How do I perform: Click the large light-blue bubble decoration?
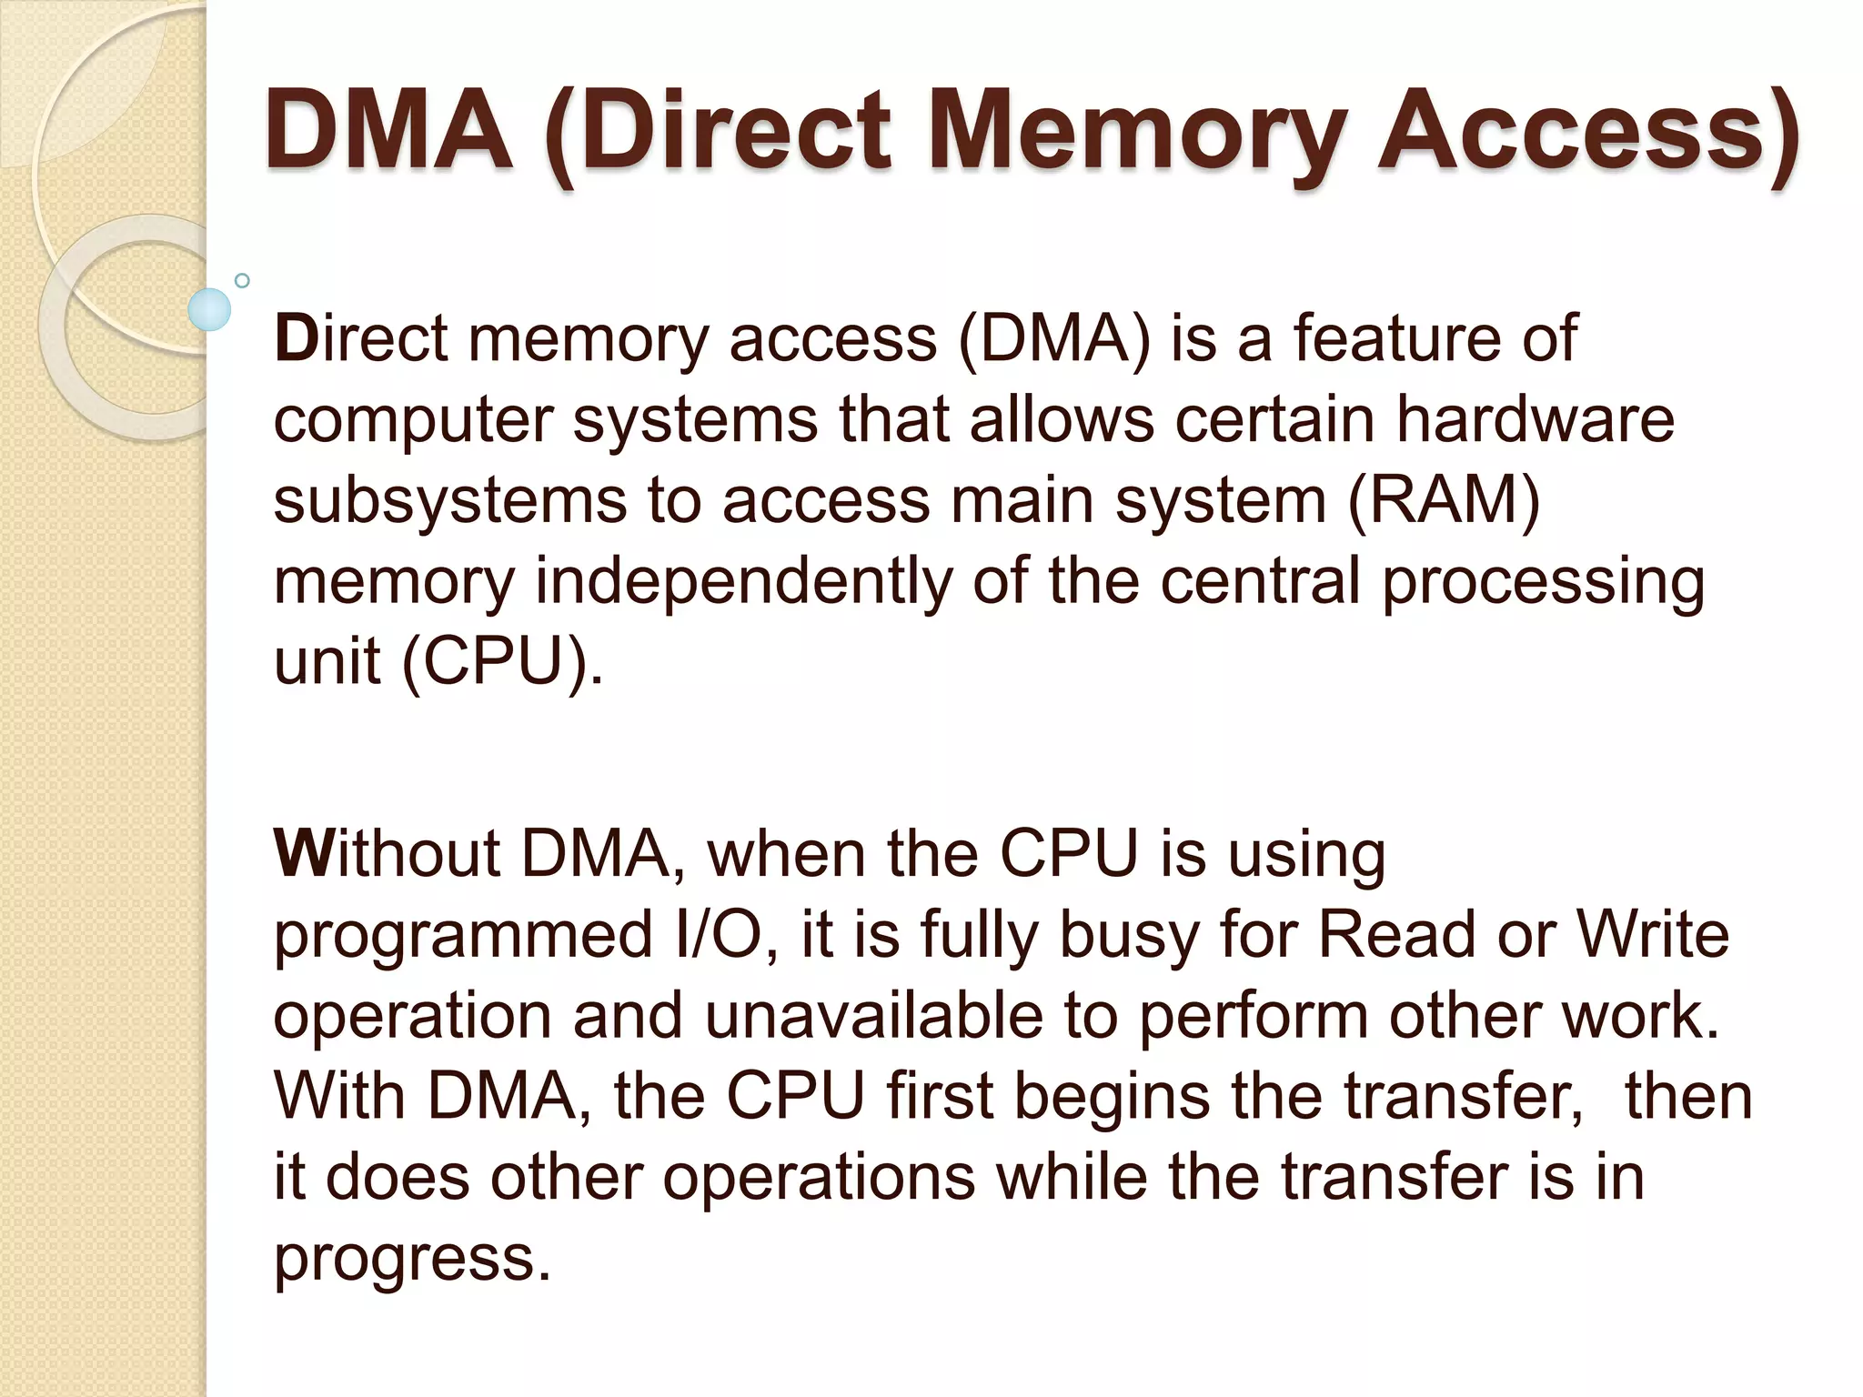[210, 309]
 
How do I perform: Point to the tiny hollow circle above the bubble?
[242, 281]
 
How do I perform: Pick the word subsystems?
[450, 501]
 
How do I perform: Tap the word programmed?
[463, 937]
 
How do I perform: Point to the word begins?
[1112, 1098]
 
